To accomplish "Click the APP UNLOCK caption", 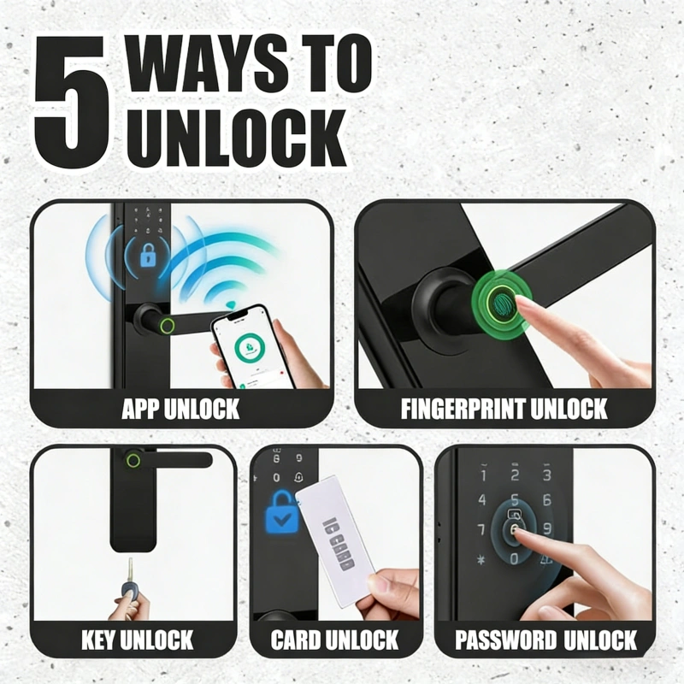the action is tap(180, 409).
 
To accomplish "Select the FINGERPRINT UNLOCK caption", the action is tap(504, 409).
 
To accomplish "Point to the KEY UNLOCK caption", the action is tap(137, 640).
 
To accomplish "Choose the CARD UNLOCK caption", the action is tap(334, 640).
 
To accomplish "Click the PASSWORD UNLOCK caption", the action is tap(545, 640).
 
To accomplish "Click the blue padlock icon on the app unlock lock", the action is tap(148, 256).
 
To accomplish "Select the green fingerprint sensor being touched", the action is tap(502, 304).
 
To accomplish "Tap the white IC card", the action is tap(335, 541).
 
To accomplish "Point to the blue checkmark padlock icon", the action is tap(282, 511).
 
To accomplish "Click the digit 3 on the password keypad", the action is tap(547, 475).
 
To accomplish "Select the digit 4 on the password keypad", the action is tap(482, 500).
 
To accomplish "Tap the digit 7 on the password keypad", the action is tap(481, 529).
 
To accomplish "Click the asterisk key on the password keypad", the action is tap(481, 559).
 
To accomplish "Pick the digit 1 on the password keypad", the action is tap(483, 475).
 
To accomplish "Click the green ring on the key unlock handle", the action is tap(133, 461).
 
